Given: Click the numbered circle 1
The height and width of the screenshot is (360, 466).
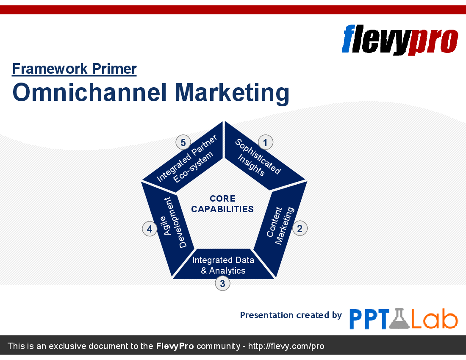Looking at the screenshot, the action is point(265,142).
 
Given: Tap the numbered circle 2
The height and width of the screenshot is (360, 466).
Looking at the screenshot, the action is point(300,228).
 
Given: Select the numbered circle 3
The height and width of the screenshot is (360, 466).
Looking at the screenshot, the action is point(222,283).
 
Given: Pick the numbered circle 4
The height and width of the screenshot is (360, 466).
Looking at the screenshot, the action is point(150,229).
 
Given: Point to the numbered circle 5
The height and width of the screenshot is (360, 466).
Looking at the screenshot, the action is point(183,142).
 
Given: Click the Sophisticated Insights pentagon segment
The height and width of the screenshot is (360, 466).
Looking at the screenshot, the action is point(261,158).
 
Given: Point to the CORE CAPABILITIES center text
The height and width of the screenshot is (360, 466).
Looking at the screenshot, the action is point(222,204).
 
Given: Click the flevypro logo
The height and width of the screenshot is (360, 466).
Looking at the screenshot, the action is point(400,40).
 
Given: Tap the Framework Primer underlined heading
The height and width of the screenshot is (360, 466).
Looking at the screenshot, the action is point(74,69).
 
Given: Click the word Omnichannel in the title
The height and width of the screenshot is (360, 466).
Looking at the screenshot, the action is point(89,92).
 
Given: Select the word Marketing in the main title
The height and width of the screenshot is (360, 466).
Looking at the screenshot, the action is point(232,93).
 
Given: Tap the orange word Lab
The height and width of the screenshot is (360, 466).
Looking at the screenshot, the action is point(434,318).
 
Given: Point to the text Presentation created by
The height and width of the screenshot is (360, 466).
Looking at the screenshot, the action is point(291,315).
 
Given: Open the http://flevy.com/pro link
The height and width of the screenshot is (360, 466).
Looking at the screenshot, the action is point(286,346).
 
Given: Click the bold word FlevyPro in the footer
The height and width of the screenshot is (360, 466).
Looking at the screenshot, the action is point(175,346).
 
